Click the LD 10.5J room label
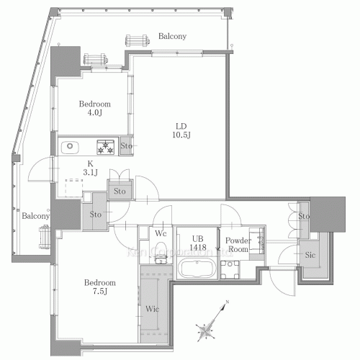tap(181, 130)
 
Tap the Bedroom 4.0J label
tap(95, 108)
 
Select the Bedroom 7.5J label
tap(100, 287)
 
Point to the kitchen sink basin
tap(70, 147)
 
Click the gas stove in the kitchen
tap(105, 147)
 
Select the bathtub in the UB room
tap(197, 269)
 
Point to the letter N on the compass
tap(227, 302)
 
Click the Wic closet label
tap(153, 309)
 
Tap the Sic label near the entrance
tap(310, 255)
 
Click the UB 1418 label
tap(198, 243)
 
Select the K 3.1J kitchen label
tap(90, 168)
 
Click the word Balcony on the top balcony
tap(172, 36)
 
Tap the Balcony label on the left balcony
tap(35, 216)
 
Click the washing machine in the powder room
tap(230, 269)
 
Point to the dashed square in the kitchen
tap(74, 188)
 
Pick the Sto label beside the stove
tap(126, 146)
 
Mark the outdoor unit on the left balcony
tap(45, 236)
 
